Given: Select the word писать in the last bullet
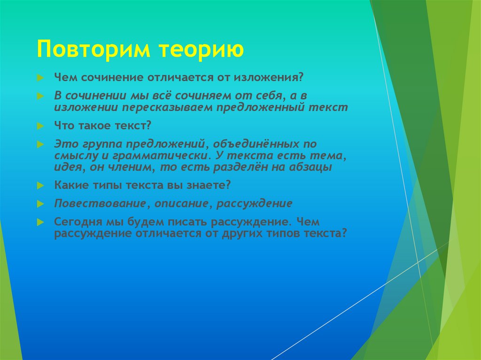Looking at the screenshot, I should pyautogui.click(x=187, y=222).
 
